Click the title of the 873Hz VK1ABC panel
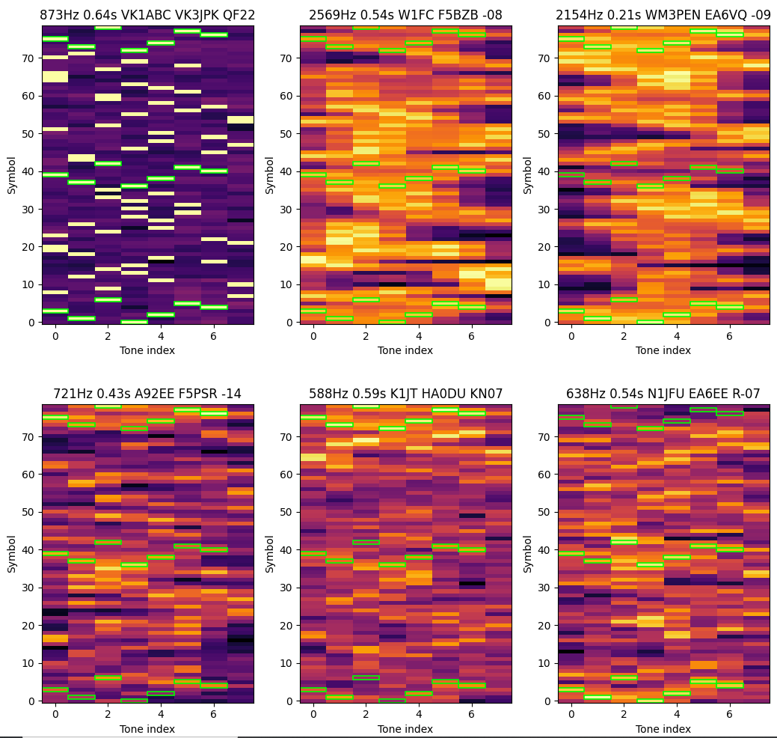click(x=148, y=16)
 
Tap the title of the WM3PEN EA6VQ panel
click(x=663, y=16)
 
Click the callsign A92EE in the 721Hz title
click(x=134, y=394)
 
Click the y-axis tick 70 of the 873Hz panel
click(x=30, y=58)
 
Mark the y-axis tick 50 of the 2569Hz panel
click(x=288, y=133)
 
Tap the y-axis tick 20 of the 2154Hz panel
click(x=546, y=246)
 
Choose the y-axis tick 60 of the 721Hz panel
click(x=30, y=475)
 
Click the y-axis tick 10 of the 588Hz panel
click(x=288, y=663)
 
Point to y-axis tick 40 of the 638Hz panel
click(x=546, y=550)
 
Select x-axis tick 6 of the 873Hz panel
click(x=214, y=335)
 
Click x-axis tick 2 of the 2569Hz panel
click(x=366, y=335)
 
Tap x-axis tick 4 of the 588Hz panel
click(x=419, y=714)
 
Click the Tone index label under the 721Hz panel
click(x=147, y=729)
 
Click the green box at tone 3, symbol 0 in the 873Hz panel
click(x=135, y=322)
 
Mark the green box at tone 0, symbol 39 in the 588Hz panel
click(x=313, y=554)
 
